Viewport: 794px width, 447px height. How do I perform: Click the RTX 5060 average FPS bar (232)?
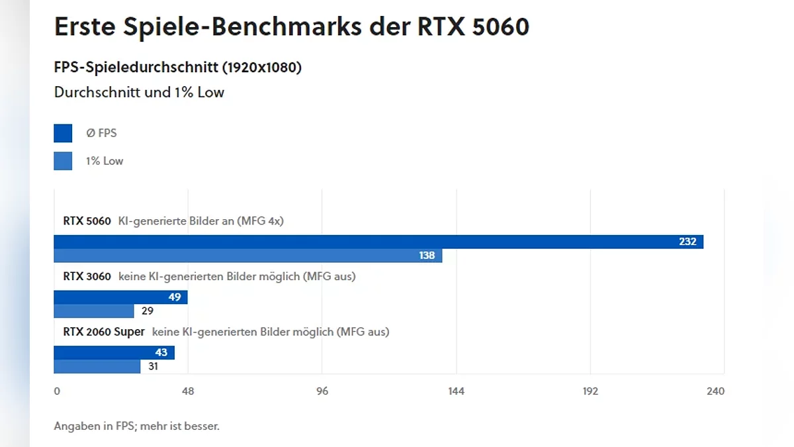coord(378,242)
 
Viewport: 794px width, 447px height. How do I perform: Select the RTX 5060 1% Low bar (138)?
coord(248,256)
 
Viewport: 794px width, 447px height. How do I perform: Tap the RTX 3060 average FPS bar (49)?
coord(120,297)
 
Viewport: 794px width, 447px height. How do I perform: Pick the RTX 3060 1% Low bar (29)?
coord(94,311)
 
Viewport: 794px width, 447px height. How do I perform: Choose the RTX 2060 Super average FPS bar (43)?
coord(114,352)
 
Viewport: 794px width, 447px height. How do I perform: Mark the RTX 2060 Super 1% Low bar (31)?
coord(97,366)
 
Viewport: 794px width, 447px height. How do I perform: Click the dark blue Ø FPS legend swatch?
coord(63,133)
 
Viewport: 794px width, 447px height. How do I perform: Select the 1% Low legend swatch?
coord(63,161)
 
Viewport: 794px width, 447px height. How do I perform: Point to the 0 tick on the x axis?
coord(57,391)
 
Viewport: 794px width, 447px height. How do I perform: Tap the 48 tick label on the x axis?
coord(188,391)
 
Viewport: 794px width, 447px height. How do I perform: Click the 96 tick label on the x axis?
coord(322,391)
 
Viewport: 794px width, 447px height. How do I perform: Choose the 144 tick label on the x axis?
coord(456,391)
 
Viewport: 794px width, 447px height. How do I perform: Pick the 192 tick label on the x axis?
coord(590,391)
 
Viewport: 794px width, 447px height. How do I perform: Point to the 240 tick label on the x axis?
coord(715,391)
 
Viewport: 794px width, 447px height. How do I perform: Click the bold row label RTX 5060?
coord(87,221)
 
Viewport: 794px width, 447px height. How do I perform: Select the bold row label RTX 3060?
coord(87,276)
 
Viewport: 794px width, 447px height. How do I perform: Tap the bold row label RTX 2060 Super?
coord(104,332)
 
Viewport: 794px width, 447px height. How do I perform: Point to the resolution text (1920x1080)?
coord(261,68)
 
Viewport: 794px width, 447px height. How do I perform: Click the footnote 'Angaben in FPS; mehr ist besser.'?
coord(136,426)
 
